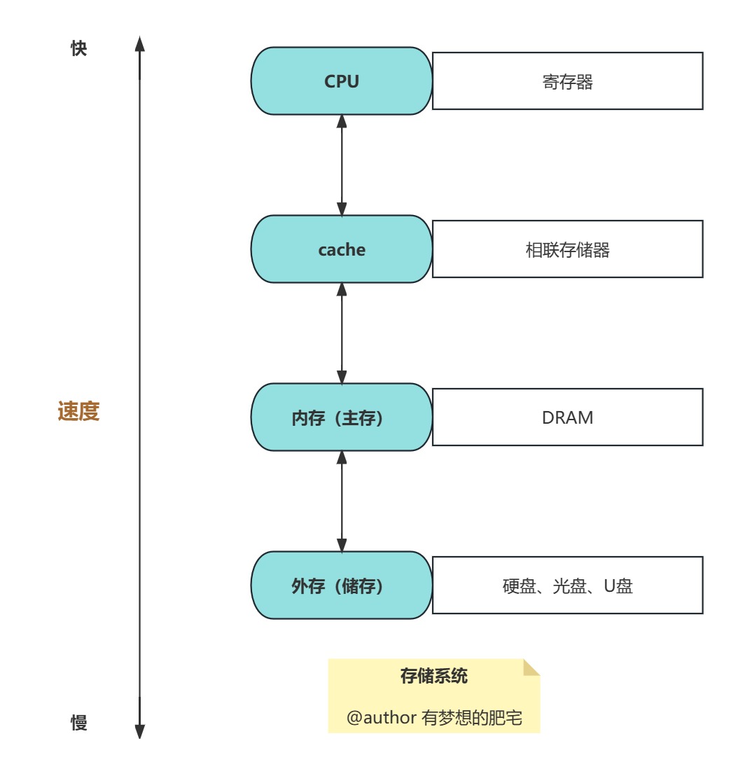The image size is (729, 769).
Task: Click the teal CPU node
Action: point(342,81)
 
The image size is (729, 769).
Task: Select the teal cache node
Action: point(342,249)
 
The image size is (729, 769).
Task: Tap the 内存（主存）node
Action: point(342,417)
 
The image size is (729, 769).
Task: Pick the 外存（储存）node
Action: point(342,586)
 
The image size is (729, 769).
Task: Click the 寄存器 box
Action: point(567,81)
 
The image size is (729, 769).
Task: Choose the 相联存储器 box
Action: point(567,249)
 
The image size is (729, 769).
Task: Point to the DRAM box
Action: point(567,417)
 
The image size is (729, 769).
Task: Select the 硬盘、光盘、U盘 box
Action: point(567,586)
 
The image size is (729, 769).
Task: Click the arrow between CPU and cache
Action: point(342,165)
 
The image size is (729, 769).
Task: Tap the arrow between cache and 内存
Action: point(342,333)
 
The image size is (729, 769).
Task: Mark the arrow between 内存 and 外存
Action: point(342,501)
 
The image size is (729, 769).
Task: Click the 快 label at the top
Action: point(79,49)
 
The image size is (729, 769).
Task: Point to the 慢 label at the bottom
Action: point(79,723)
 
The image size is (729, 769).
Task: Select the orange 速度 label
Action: point(78,412)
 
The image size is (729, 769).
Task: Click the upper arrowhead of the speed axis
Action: point(139,44)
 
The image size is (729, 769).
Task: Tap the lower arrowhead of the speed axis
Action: point(139,730)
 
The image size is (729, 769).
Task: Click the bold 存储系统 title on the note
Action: point(433,677)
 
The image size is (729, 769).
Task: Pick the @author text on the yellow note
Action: point(382,719)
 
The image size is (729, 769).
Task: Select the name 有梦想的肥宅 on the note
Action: point(472,719)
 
